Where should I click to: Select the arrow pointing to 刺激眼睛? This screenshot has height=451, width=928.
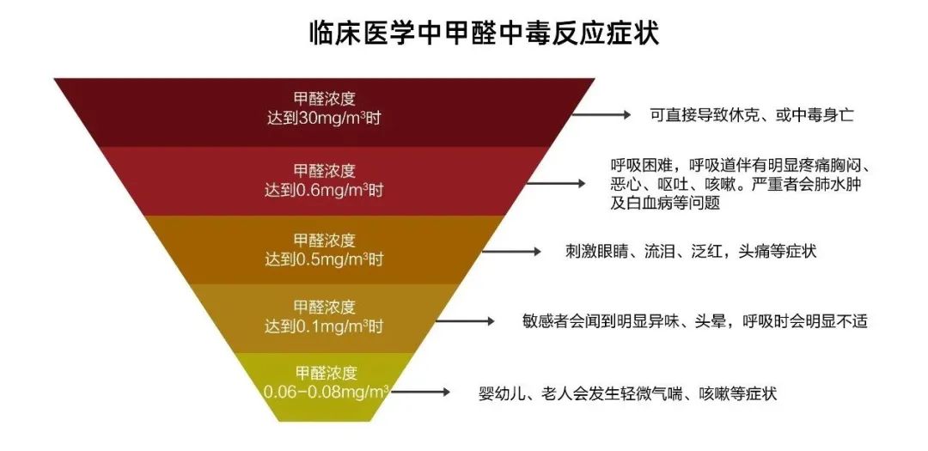coord(512,252)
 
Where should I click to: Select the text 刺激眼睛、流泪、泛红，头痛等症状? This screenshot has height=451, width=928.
coord(690,252)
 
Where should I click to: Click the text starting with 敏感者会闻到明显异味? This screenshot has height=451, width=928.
coord(695,321)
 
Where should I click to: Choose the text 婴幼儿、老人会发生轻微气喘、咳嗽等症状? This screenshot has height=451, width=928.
coord(628,393)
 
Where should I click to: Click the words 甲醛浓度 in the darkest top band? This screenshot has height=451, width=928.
coord(324,98)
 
